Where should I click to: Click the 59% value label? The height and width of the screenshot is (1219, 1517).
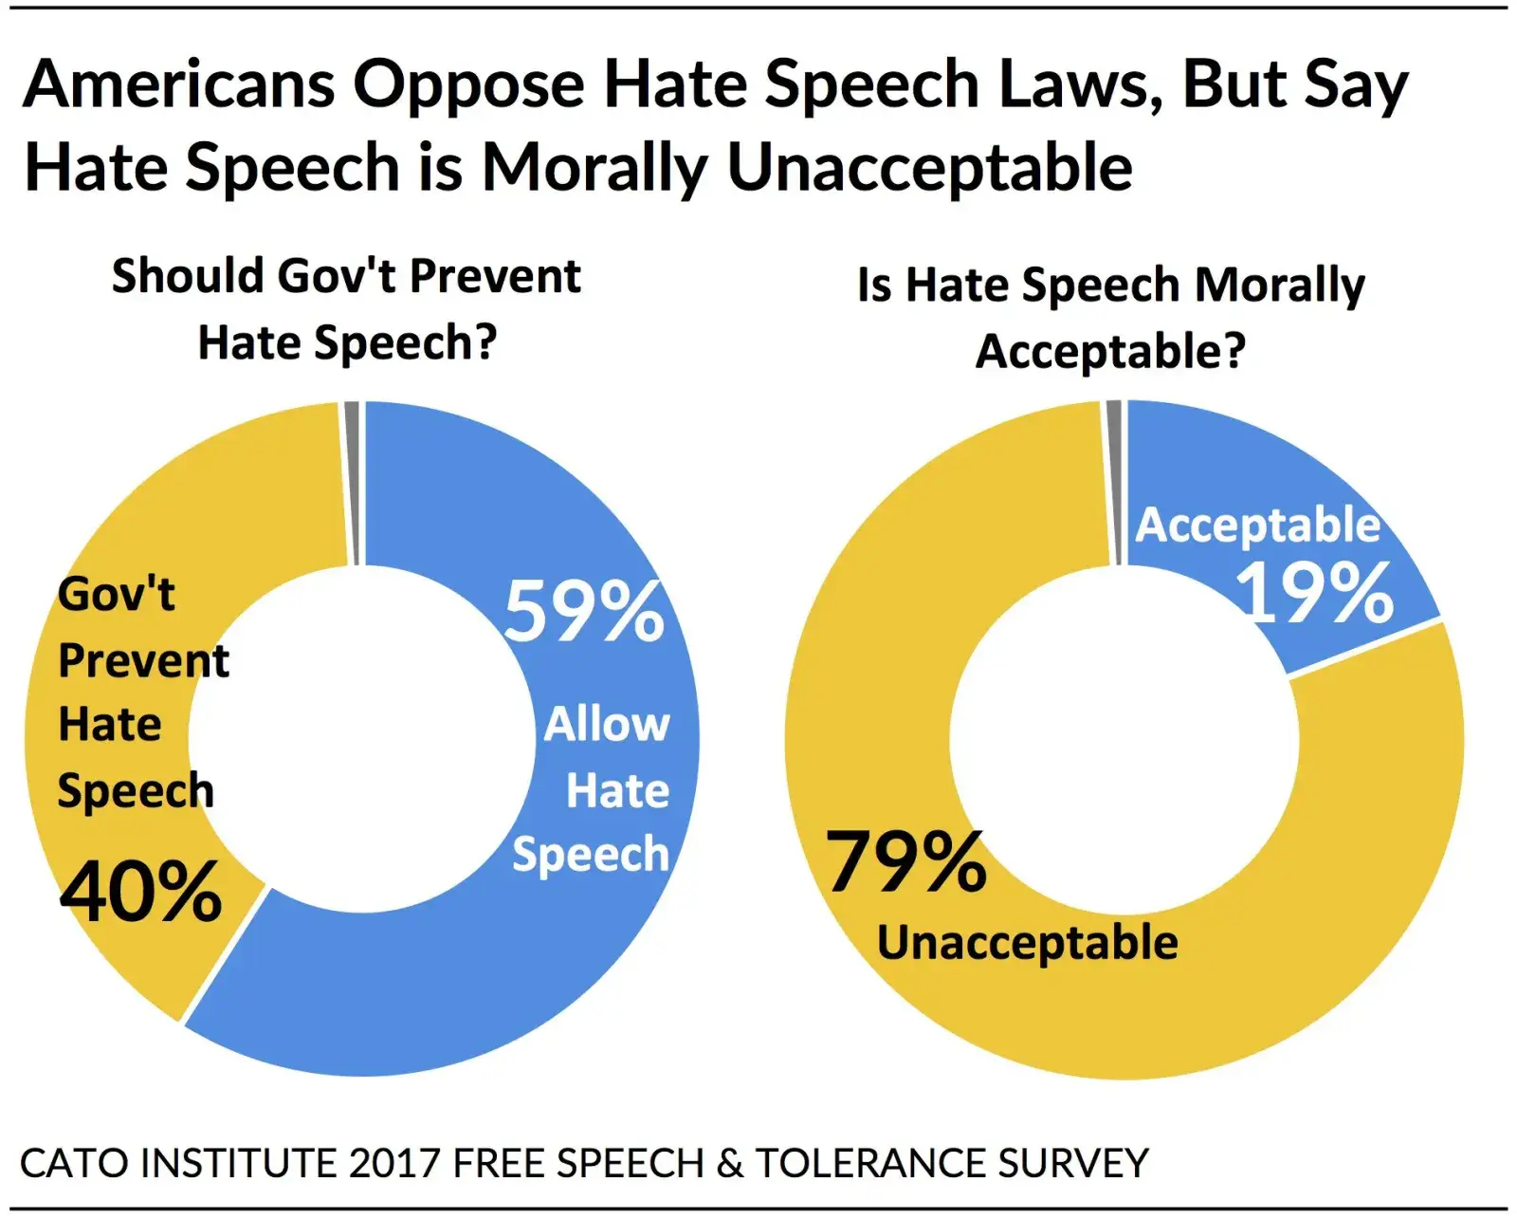point(584,612)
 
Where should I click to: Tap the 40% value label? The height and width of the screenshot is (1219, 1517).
point(140,892)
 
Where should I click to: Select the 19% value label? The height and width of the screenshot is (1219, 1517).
point(1314,593)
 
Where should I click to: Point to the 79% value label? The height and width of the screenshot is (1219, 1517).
point(905,861)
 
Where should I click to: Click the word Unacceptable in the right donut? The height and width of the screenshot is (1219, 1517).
point(1027,943)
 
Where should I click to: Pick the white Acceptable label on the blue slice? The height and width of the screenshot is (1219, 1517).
point(1257,525)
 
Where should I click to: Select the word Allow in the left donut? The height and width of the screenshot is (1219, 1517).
point(607,725)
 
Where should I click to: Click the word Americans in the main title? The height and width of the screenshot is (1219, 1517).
point(179,84)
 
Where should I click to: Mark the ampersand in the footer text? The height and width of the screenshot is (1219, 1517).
point(730,1163)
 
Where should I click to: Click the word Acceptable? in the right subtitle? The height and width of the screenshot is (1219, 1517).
point(1110,352)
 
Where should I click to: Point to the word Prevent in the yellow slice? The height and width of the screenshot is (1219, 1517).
point(143,661)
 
